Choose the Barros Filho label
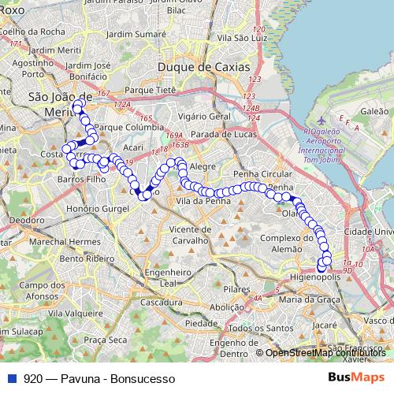pos(80,180)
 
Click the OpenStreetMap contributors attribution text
pos(326,352)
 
